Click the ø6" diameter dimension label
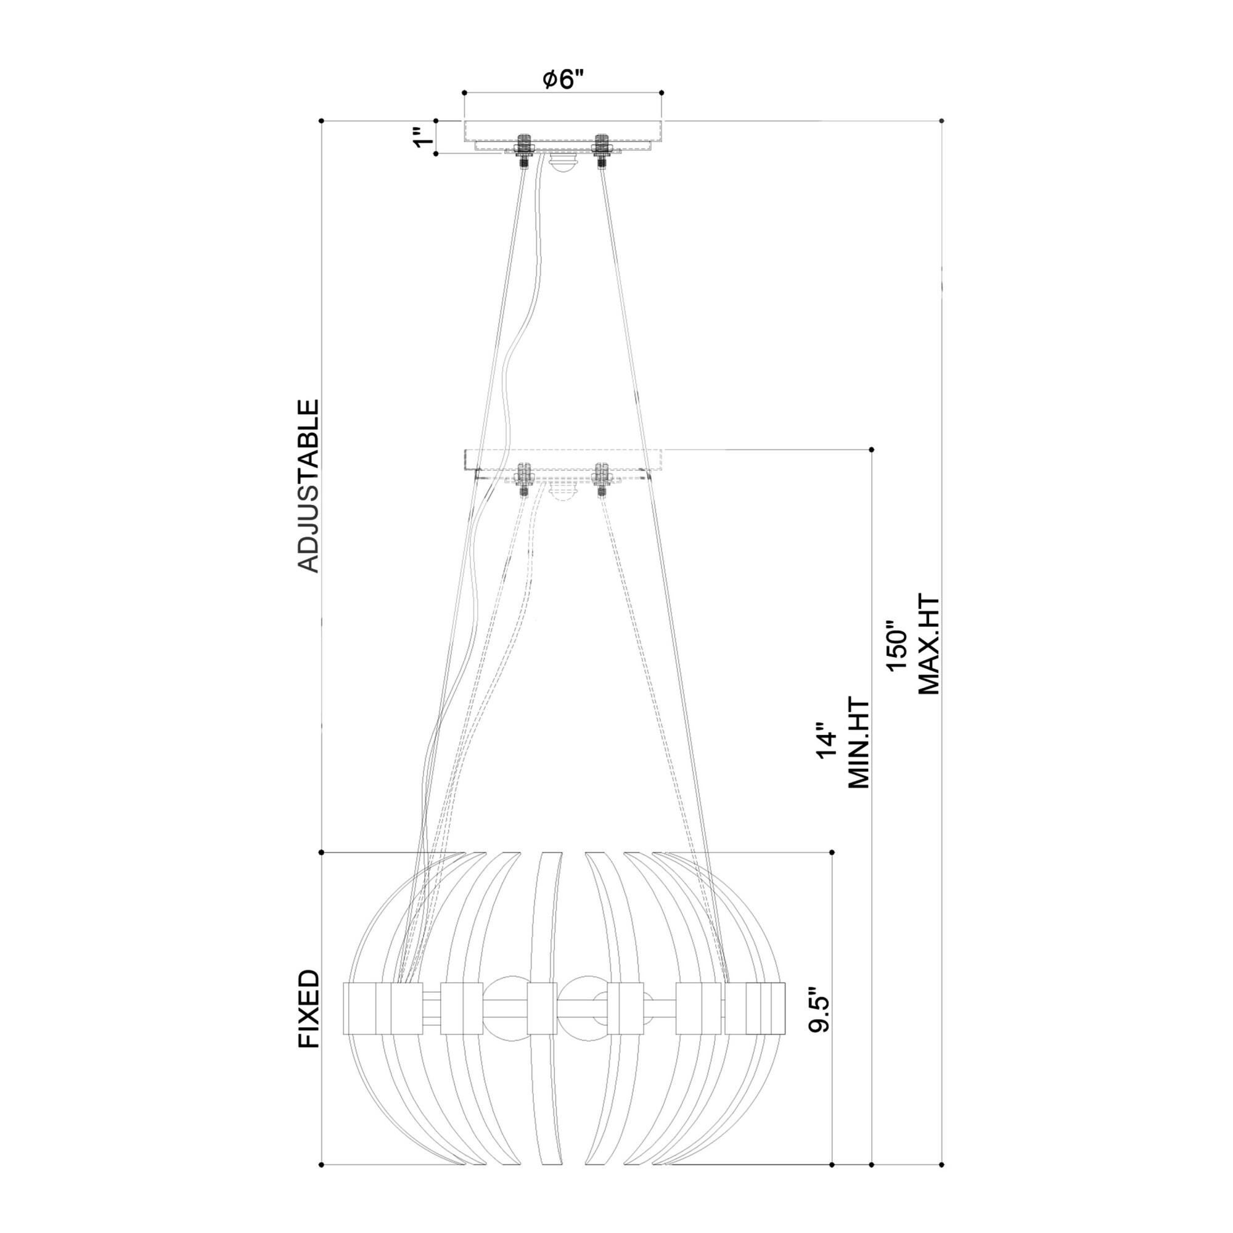click(x=563, y=80)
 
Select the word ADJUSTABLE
click(x=308, y=486)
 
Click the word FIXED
click(x=308, y=1018)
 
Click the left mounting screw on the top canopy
click(x=525, y=151)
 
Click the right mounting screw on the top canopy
click(x=600, y=151)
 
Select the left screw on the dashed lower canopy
click(x=524, y=478)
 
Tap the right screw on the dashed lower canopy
click(x=600, y=478)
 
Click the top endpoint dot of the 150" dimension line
click(x=942, y=120)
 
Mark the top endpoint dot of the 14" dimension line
click(x=872, y=449)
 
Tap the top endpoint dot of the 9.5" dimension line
click(x=832, y=852)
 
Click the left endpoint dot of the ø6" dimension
click(x=464, y=92)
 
